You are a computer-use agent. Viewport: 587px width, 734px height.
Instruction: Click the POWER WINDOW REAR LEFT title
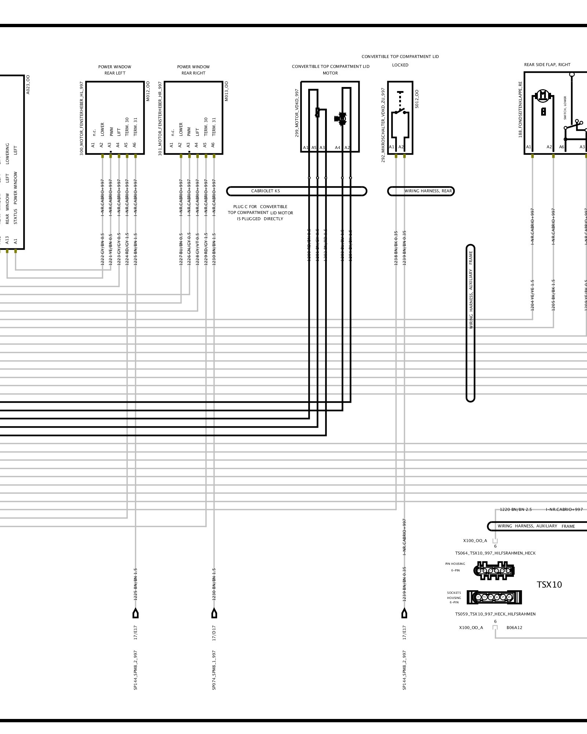coord(114,70)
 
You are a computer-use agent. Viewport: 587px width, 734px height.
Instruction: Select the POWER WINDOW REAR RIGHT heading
coord(193,70)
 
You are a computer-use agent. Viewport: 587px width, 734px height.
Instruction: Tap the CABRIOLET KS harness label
coord(266,191)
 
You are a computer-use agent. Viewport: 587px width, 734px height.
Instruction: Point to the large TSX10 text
coord(549,585)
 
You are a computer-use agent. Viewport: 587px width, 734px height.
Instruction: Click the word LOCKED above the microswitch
coord(400,65)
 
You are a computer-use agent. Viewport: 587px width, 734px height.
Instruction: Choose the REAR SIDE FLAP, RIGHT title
coord(547,65)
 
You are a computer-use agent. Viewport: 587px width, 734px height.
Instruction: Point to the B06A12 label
coord(514,628)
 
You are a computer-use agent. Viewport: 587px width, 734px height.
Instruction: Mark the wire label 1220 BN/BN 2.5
coord(515,509)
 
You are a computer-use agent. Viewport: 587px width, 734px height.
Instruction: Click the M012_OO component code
coord(148,91)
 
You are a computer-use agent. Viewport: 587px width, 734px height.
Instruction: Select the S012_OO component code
coord(417,99)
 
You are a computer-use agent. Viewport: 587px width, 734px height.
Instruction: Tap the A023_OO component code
coord(28,84)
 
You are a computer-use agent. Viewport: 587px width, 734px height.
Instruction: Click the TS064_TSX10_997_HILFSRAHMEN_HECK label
coord(495,553)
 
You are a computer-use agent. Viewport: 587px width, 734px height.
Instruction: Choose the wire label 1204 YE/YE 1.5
coord(532,295)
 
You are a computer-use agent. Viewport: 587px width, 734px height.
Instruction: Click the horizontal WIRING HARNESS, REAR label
coord(428,191)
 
